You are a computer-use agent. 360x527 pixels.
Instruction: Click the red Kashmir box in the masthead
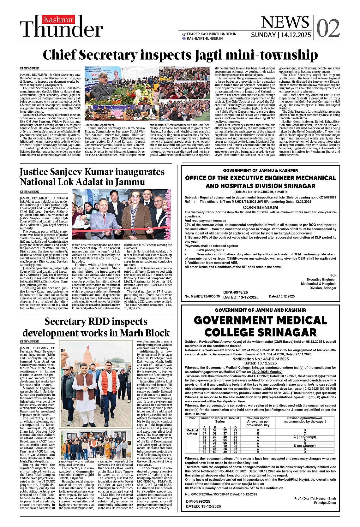tap(59, 20)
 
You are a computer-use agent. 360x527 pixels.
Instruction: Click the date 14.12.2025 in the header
tap(296, 35)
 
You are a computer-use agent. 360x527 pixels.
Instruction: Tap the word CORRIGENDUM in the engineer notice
tap(261, 207)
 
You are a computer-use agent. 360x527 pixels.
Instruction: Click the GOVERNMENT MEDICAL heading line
tap(261, 320)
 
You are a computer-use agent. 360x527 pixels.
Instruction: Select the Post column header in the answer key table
tap(192, 418)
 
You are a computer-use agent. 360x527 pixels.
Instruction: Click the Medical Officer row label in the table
tap(192, 432)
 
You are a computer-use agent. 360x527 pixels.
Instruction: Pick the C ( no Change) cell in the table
tap(304, 437)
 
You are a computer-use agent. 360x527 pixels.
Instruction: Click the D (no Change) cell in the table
tap(304, 446)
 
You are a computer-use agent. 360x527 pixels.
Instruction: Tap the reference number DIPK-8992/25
tap(198, 501)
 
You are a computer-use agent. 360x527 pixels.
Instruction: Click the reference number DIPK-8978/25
tap(236, 292)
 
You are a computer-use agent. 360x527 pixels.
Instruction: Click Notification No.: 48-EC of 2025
tap(261, 359)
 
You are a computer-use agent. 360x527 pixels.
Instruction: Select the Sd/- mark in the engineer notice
tap(333, 275)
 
